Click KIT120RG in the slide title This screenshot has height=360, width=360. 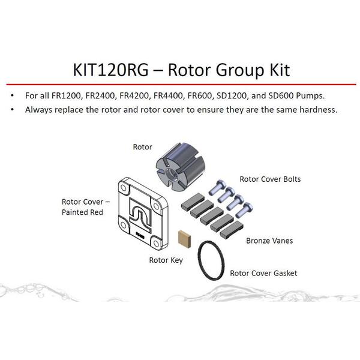(110, 70)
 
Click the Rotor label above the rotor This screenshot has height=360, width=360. (142, 147)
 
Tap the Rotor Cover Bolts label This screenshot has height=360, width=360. (270, 179)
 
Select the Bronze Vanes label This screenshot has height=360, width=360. (269, 241)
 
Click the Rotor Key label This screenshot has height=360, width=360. (166, 260)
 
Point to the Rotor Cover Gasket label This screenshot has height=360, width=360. (263, 273)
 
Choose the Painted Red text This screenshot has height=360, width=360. (82, 212)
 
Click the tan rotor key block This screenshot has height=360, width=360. (184, 239)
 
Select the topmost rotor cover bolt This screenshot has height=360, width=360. (217, 187)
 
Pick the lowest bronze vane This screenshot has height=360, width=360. (232, 229)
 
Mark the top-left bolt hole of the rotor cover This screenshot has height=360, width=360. (124, 188)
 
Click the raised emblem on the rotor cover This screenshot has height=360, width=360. (140, 215)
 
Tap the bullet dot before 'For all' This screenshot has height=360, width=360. (13, 95)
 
